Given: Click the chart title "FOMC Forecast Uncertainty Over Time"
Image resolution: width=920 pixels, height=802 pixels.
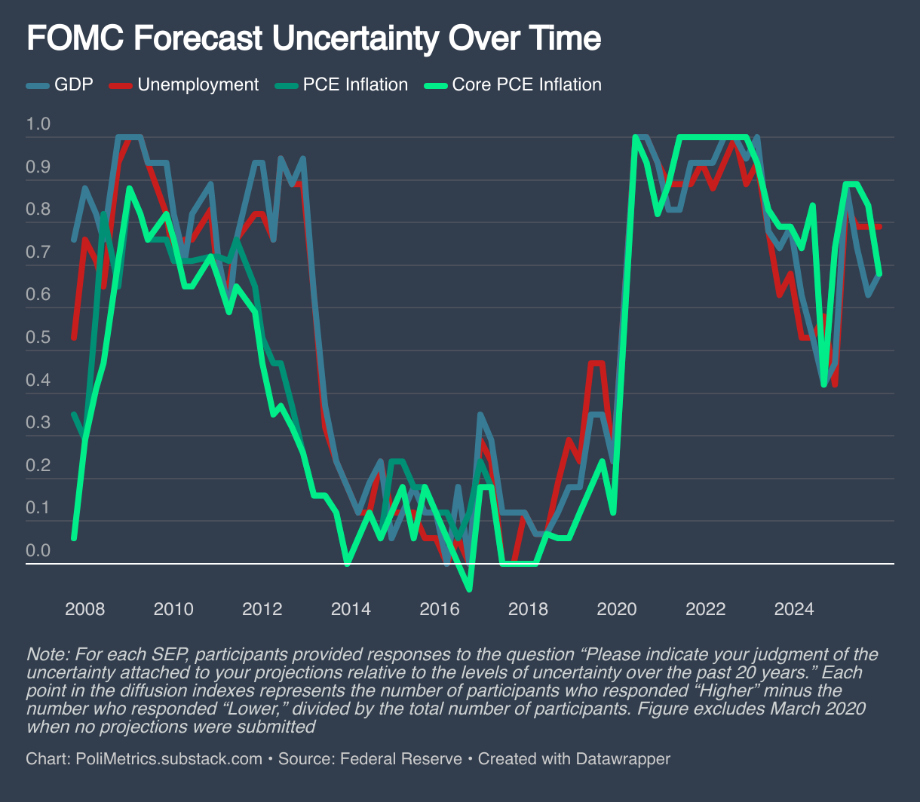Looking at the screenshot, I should click(x=314, y=38).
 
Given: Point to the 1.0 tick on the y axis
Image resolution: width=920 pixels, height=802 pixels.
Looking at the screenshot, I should click(x=38, y=124).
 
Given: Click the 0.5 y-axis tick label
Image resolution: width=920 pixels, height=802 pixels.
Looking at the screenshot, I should click(x=38, y=337).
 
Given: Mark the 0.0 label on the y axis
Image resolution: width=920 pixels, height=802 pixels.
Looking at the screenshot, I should click(x=38, y=550).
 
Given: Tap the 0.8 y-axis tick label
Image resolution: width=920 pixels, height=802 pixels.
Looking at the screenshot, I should click(x=38, y=209).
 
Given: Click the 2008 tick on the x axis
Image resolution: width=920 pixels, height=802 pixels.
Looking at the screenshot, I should click(x=84, y=608).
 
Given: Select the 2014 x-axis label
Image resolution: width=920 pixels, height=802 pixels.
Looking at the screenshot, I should click(x=351, y=608).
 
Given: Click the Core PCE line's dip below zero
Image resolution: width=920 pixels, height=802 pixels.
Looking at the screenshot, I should click(x=470, y=589).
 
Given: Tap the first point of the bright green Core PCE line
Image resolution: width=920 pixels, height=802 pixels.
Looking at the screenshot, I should click(x=73, y=537).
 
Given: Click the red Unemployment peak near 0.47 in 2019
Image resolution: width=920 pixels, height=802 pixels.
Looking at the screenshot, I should click(x=597, y=363).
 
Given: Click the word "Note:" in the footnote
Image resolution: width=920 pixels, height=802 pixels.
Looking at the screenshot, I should click(x=44, y=654).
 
